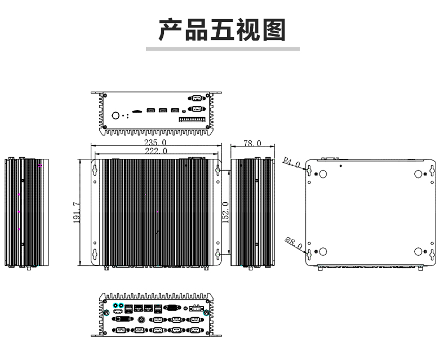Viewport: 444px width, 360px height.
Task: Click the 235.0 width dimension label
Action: (x=155, y=142)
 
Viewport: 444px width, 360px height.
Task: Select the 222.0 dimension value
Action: (x=156, y=151)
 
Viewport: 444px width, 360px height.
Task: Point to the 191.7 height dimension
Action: (x=77, y=212)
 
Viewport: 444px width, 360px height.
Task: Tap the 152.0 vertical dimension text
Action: (x=225, y=212)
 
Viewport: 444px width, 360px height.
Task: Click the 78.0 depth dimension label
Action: (x=252, y=143)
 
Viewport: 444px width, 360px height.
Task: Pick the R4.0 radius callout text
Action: (x=291, y=162)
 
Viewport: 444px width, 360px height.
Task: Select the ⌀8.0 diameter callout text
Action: (x=294, y=243)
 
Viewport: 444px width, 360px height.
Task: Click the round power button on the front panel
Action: (x=116, y=115)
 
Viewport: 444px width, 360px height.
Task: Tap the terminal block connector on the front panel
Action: (x=192, y=119)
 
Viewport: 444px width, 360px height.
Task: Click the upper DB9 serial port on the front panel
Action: (x=197, y=98)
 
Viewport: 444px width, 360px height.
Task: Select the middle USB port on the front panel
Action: (x=163, y=110)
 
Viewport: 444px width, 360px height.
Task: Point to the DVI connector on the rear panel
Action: (x=123, y=319)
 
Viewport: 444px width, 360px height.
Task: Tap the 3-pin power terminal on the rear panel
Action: (x=197, y=308)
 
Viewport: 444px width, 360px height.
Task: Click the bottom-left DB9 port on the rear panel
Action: (x=121, y=330)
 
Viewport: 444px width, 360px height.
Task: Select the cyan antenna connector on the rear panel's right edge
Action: (x=206, y=313)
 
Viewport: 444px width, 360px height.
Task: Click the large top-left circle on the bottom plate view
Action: (x=323, y=174)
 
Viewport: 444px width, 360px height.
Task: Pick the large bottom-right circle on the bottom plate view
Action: (x=418, y=251)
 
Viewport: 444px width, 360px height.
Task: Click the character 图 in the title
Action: (x=274, y=30)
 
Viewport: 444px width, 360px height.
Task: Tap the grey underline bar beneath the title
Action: (x=223, y=49)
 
